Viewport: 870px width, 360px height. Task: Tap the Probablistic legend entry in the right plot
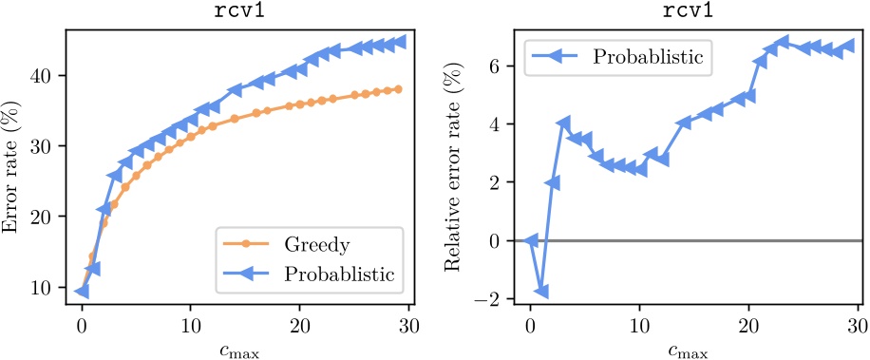click(x=649, y=56)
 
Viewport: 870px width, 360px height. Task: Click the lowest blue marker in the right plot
click(x=541, y=292)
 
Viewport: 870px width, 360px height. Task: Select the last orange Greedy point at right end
click(x=397, y=89)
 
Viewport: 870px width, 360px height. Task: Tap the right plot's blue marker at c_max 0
click(x=531, y=241)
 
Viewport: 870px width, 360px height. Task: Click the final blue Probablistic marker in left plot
click(x=400, y=42)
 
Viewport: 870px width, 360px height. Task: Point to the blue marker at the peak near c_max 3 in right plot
click(x=563, y=124)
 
